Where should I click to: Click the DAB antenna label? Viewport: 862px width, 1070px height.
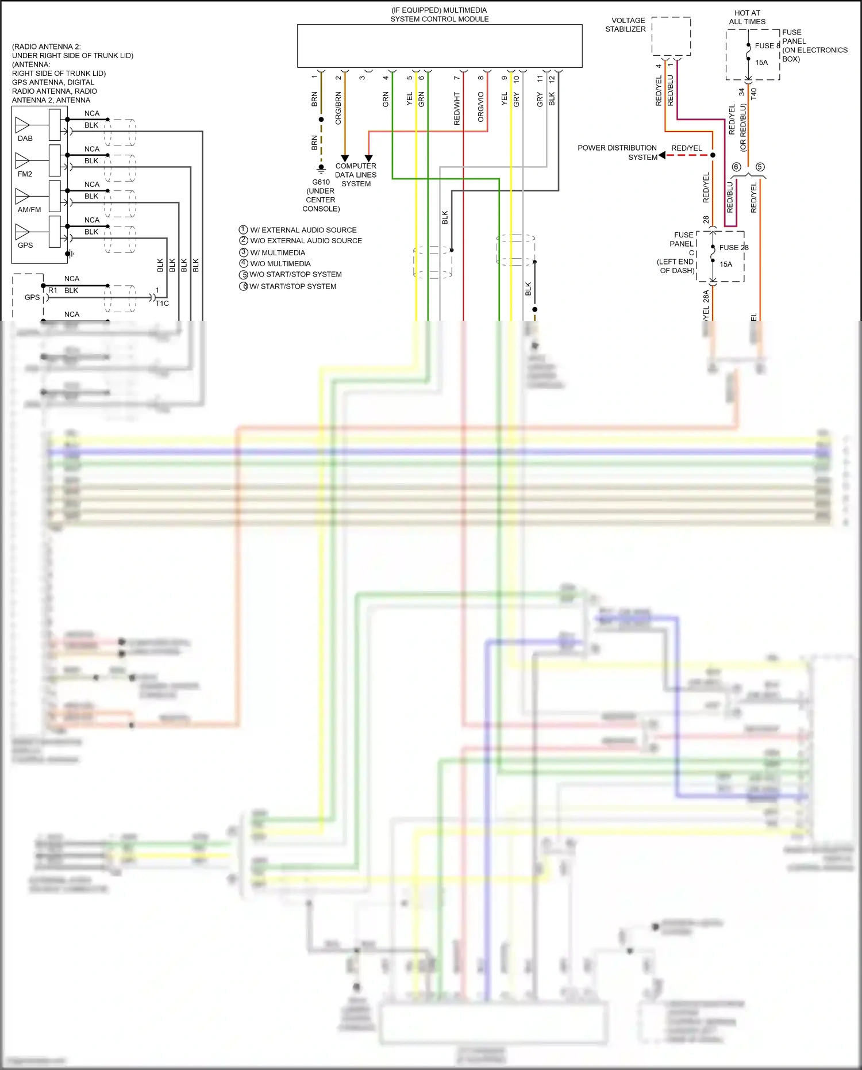[25, 139]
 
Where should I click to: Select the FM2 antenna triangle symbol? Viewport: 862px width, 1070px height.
[22, 159]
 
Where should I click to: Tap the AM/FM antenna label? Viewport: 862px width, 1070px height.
[29, 210]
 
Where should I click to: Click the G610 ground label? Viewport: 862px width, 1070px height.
[321, 182]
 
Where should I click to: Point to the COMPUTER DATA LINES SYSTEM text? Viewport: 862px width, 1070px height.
[356, 175]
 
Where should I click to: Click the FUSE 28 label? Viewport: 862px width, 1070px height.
[734, 248]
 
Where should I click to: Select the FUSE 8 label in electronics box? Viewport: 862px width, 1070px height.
[767, 46]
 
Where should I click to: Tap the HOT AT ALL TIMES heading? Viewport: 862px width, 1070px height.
[747, 17]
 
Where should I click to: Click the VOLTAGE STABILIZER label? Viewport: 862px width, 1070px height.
[625, 25]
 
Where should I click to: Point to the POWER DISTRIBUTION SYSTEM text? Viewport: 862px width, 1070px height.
[617, 152]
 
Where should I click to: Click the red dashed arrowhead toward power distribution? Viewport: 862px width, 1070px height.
[662, 155]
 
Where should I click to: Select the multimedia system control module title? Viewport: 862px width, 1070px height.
[439, 14]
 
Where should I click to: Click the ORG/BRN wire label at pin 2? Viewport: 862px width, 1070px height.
[338, 108]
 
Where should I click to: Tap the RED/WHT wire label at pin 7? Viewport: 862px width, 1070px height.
[457, 109]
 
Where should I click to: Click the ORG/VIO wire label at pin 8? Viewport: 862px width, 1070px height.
[481, 107]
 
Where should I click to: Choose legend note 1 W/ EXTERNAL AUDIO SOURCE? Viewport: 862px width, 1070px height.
[298, 230]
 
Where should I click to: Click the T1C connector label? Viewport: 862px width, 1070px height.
[162, 304]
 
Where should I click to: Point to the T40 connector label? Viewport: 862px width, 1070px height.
[753, 93]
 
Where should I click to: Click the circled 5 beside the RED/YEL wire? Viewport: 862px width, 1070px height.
[760, 167]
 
